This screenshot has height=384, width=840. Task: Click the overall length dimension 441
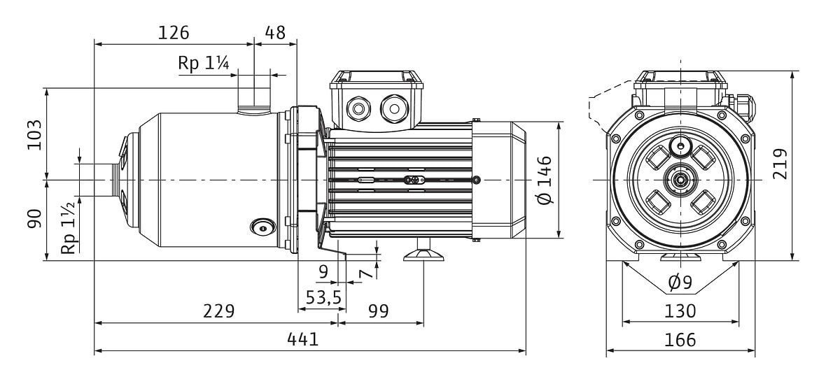pyautogui.click(x=303, y=339)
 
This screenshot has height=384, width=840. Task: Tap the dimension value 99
pyautogui.click(x=378, y=311)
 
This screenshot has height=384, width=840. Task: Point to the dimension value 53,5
pyautogui.click(x=323, y=297)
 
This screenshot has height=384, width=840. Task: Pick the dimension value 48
pyautogui.click(x=275, y=32)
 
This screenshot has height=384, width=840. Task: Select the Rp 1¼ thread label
pyautogui.click(x=204, y=63)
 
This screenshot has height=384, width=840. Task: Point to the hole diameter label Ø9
pyautogui.click(x=680, y=283)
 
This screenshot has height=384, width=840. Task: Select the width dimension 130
pyautogui.click(x=680, y=311)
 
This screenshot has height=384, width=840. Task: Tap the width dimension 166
pyautogui.click(x=680, y=339)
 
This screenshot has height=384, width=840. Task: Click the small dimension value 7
pyautogui.click(x=364, y=273)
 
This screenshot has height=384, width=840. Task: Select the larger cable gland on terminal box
pyautogui.click(x=391, y=108)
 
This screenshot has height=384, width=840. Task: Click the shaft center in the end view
pyautogui.click(x=680, y=180)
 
